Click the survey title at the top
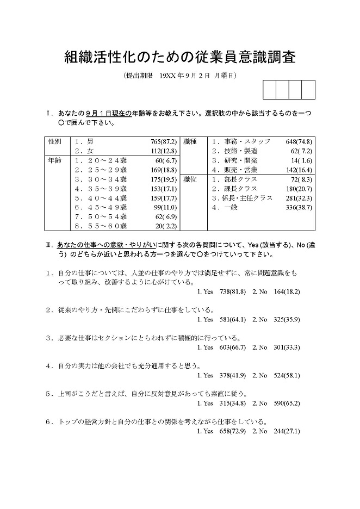coord(180,56)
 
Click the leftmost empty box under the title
coord(269,90)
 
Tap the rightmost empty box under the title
coord(308,90)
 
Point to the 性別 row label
coord(55,141)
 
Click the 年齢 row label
coord(55,160)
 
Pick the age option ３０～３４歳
coord(101,179)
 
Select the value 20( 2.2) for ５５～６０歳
coord(165,226)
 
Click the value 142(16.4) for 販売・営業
coord(299,169)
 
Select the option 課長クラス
coord(233,188)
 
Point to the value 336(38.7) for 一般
coord(299,207)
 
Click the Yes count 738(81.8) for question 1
coord(232,291)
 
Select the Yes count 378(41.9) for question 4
coord(232,375)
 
